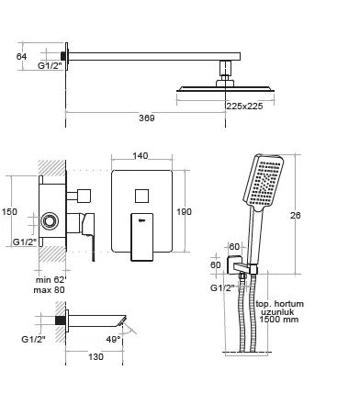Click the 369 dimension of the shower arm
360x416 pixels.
coord(147,118)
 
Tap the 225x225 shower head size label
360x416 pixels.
coord(244,106)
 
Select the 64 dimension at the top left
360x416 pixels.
coord(21,56)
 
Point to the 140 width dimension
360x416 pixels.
coord(141,155)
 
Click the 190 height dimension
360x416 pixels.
coord(184,211)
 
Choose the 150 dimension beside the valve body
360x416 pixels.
coord(9,211)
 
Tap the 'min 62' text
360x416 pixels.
coord(51,280)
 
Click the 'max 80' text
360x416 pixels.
coord(50,289)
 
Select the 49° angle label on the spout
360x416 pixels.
coord(113,339)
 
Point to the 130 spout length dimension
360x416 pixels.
coord(96,356)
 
